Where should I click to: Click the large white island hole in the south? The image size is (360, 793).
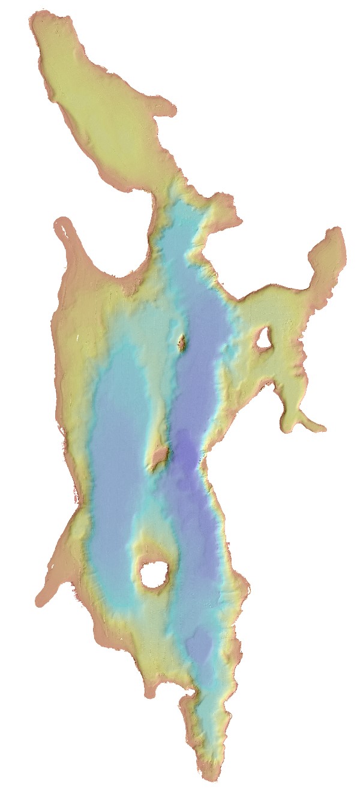tap(154, 574)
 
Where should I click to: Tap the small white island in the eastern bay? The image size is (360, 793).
tap(263, 340)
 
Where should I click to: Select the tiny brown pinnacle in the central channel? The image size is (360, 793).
tap(182, 343)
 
